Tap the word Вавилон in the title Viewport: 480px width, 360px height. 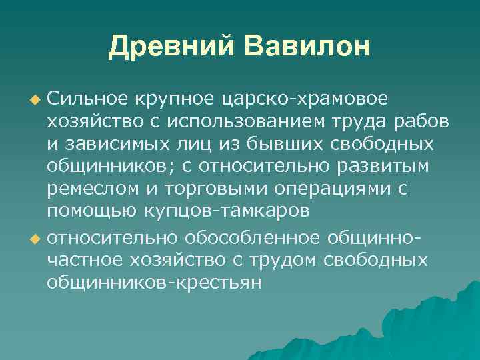click(x=307, y=46)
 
